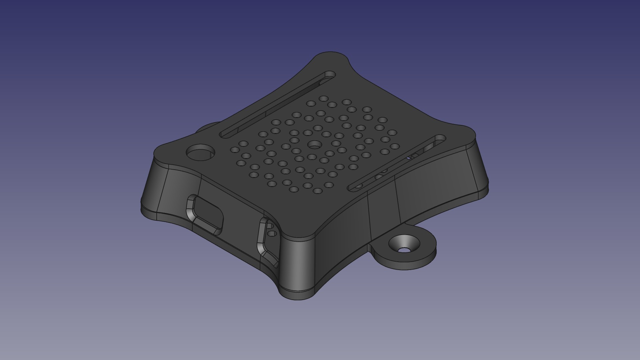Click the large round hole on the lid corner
pos(200,153)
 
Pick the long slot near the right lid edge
pos(397,163)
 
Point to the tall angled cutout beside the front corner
pos(267,242)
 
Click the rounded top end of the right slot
pos(440,138)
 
